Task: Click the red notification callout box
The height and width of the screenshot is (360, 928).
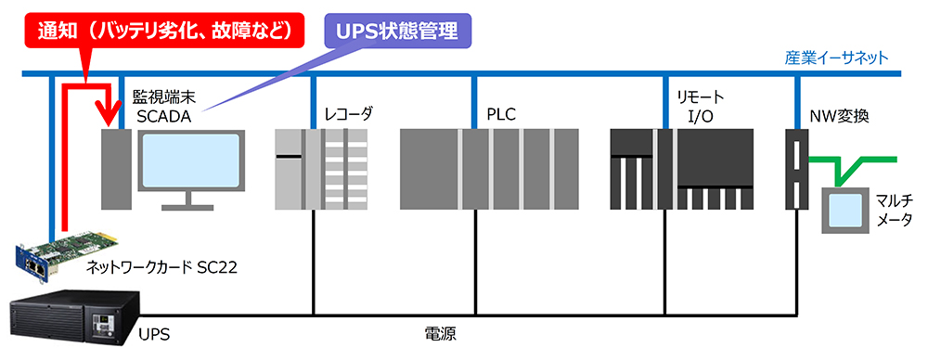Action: [x=167, y=31]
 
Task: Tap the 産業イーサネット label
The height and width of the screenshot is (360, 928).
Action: [x=836, y=58]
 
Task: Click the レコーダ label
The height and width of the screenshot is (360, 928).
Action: [x=349, y=114]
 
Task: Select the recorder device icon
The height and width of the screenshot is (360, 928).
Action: [x=321, y=168]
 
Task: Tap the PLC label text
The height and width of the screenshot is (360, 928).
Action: [x=500, y=114]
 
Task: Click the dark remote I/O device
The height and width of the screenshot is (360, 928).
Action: [x=682, y=168]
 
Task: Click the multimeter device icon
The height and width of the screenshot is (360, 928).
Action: [x=844, y=210]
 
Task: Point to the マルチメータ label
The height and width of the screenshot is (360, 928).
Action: [x=895, y=210]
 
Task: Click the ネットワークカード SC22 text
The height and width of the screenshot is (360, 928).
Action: [x=161, y=268]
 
